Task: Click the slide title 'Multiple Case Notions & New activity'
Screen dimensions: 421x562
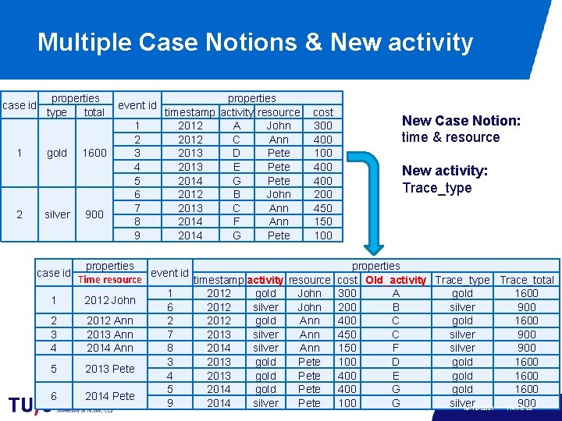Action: (x=254, y=41)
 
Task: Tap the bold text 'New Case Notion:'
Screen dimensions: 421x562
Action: (x=461, y=120)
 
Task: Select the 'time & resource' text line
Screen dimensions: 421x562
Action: (x=450, y=137)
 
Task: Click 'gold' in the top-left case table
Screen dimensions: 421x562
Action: (x=57, y=153)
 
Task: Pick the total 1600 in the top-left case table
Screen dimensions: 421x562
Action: (x=94, y=153)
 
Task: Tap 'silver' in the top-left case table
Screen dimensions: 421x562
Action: (x=57, y=214)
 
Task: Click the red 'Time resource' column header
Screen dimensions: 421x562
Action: (x=110, y=280)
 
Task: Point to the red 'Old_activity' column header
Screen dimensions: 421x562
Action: (x=396, y=280)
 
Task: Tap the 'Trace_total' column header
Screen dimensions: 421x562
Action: (x=527, y=280)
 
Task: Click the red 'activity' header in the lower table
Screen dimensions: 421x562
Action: (x=265, y=280)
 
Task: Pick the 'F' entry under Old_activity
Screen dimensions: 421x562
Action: (x=396, y=348)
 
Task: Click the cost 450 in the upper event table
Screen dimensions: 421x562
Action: (x=323, y=208)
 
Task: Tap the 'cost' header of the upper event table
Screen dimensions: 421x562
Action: (x=323, y=112)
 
